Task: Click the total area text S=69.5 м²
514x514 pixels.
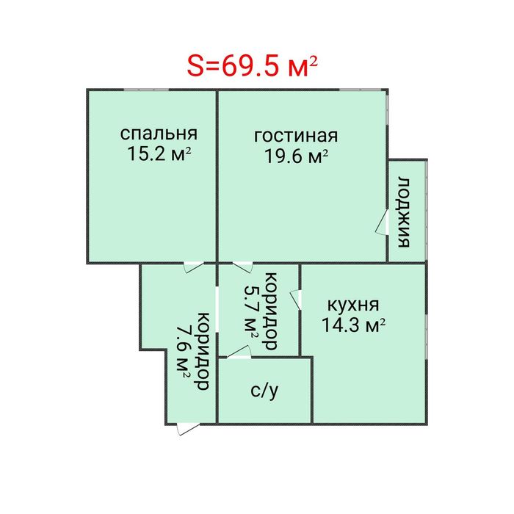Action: click(x=252, y=65)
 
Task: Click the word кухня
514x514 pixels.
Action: click(x=353, y=305)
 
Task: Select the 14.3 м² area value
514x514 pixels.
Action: click(x=354, y=325)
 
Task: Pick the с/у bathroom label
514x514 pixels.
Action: click(x=264, y=391)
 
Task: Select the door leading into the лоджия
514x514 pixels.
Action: click(x=383, y=223)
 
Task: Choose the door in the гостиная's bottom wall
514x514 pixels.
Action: click(x=242, y=266)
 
